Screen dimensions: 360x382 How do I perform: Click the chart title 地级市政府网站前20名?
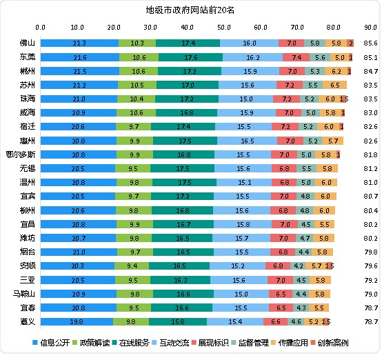[x=190, y=10]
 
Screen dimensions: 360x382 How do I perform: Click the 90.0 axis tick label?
[x=370, y=28]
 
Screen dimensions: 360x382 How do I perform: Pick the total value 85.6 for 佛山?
[x=370, y=43]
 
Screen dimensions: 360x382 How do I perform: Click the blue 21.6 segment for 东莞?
[x=79, y=57]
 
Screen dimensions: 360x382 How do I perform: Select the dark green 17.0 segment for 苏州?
[x=187, y=85]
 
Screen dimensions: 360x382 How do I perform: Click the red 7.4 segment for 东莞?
[x=296, y=57]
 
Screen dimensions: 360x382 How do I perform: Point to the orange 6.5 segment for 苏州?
[x=334, y=85]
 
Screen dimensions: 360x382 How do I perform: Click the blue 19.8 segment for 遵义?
[x=77, y=302]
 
